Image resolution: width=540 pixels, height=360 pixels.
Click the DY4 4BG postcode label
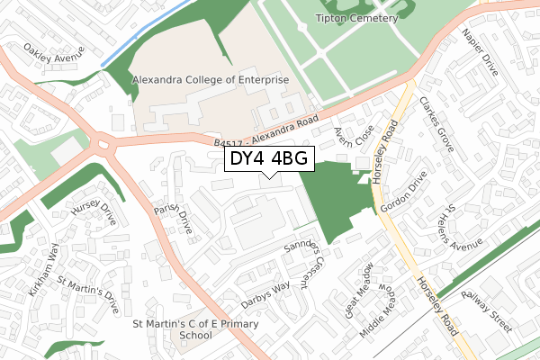click(268, 158)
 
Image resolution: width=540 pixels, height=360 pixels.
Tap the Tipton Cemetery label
click(356, 18)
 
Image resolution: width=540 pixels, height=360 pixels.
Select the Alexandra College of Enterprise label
click(210, 80)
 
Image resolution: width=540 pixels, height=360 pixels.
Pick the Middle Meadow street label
click(386, 309)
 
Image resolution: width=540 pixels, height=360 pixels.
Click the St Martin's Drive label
click(88, 294)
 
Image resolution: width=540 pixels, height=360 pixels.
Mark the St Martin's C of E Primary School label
click(195, 329)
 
